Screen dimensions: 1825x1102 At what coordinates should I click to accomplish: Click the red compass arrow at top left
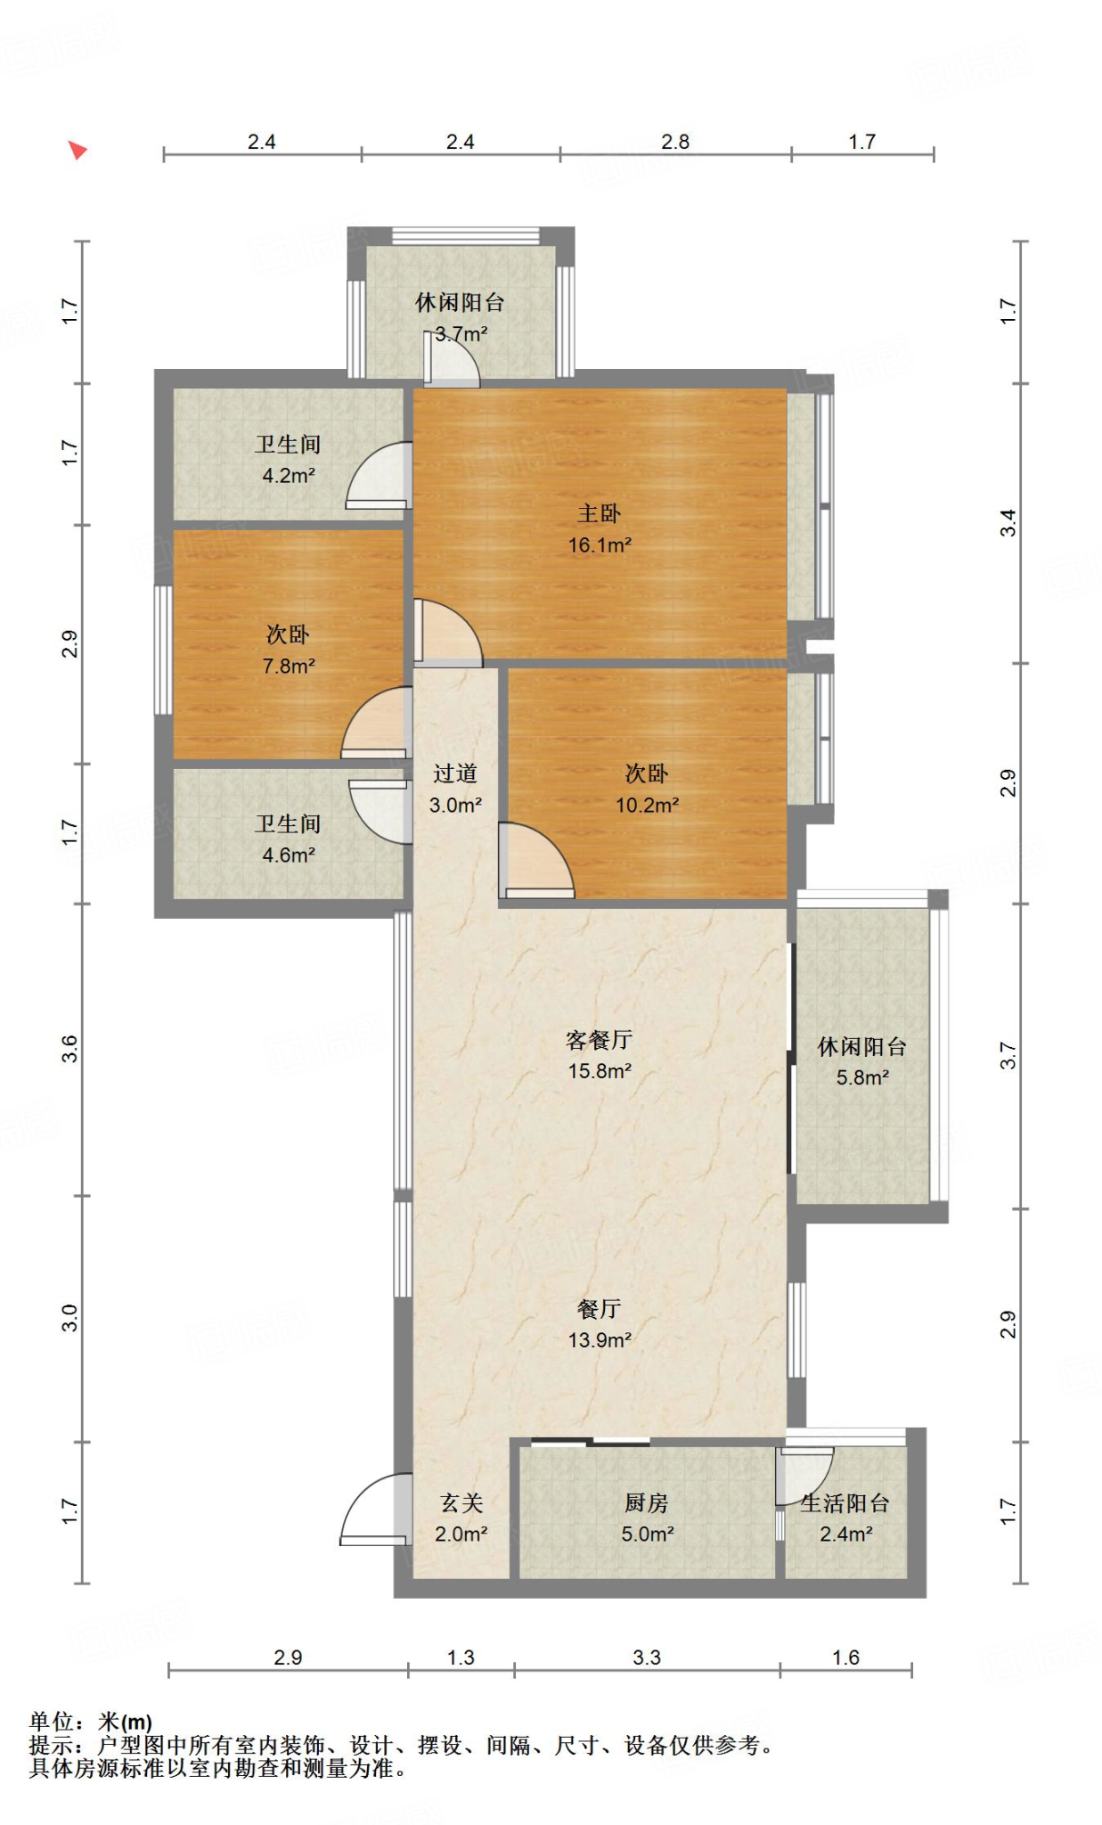[78, 150]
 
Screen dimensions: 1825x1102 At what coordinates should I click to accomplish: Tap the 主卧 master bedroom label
[599, 513]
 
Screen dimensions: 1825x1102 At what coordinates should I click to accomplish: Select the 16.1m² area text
[600, 544]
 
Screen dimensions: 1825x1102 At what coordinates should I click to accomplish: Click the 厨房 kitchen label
[646, 1502]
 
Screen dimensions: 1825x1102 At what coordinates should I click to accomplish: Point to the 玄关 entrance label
[461, 1502]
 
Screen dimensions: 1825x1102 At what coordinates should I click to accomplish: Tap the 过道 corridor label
[455, 773]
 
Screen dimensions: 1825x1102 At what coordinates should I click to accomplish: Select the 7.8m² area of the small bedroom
[289, 666]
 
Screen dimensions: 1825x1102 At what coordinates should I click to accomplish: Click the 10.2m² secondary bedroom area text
[647, 805]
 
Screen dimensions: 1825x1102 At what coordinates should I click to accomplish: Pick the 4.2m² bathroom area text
[288, 476]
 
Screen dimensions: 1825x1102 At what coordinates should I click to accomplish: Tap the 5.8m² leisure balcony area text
[861, 1077]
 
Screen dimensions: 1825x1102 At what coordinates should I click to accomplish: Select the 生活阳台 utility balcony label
[845, 1503]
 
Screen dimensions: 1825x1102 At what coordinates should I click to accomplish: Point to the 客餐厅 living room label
[599, 1039]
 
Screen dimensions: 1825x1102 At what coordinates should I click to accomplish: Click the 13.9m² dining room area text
[600, 1339]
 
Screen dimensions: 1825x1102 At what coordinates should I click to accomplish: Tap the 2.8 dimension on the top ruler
[675, 142]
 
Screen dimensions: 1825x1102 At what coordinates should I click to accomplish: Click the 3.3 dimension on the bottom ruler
[647, 1657]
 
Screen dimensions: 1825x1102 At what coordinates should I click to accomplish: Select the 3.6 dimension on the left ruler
[70, 1049]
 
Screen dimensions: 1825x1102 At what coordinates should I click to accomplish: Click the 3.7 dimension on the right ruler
[1008, 1056]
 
